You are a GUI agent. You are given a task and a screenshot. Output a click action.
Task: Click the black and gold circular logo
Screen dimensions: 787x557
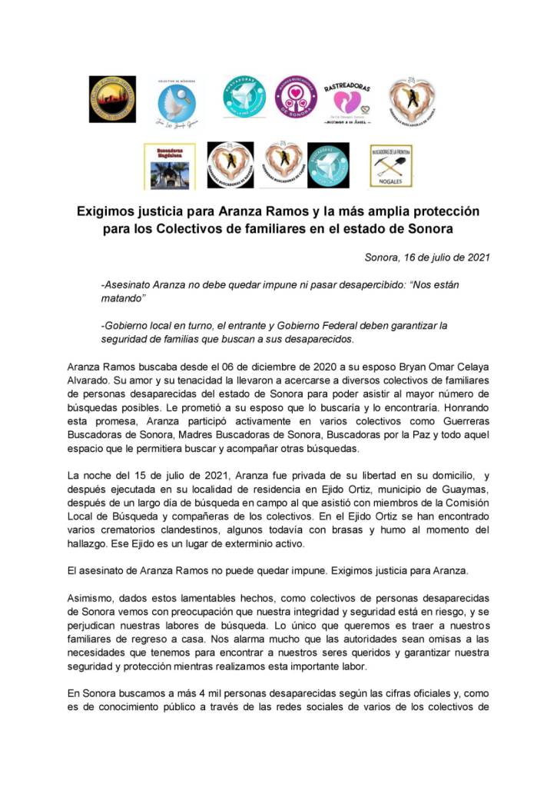point(112,99)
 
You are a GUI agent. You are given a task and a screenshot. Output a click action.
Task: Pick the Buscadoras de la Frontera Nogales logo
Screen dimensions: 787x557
point(390,165)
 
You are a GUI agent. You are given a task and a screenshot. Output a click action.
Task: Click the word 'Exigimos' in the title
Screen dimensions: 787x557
point(104,211)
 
